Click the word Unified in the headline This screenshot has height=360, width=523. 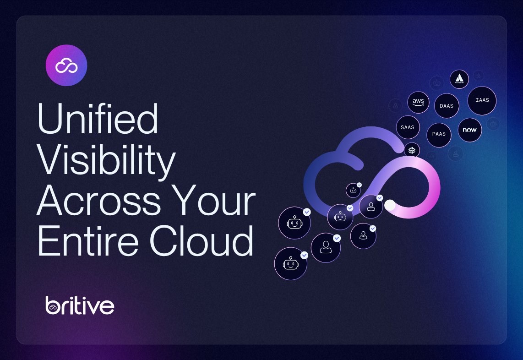pyautogui.click(x=97, y=119)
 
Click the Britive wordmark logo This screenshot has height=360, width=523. pyautogui.click(x=80, y=305)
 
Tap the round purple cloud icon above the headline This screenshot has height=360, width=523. pyautogui.click(x=66, y=65)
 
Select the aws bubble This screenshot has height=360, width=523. pyautogui.click(x=418, y=102)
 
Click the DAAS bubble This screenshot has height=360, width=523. pyautogui.click(x=447, y=106)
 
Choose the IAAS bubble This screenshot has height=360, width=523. pyautogui.click(x=482, y=100)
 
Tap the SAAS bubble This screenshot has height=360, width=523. pyautogui.click(x=407, y=127)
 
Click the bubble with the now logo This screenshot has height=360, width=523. pyautogui.click(x=469, y=130)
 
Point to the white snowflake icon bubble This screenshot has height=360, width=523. pyautogui.click(x=412, y=149)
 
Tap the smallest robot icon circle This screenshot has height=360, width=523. pyautogui.click(x=353, y=190)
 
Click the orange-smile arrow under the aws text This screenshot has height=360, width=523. pyautogui.click(x=418, y=105)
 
